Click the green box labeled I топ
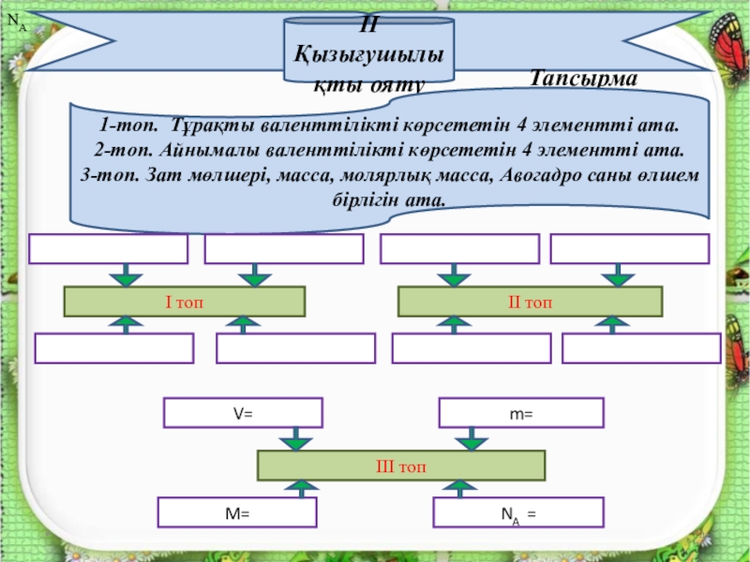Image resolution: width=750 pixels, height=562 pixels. (185, 302)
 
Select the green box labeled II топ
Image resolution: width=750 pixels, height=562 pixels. (531, 302)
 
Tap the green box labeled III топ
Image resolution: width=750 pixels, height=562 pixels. (401, 466)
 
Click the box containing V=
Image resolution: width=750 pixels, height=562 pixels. (244, 413)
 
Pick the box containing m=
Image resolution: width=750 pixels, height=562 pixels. (522, 413)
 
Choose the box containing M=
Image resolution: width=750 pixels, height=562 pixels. (237, 512)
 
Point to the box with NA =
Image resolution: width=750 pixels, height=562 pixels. (518, 512)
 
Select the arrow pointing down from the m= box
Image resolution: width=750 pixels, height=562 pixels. (476, 438)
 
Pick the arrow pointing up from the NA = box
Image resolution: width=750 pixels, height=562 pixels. (458, 488)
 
